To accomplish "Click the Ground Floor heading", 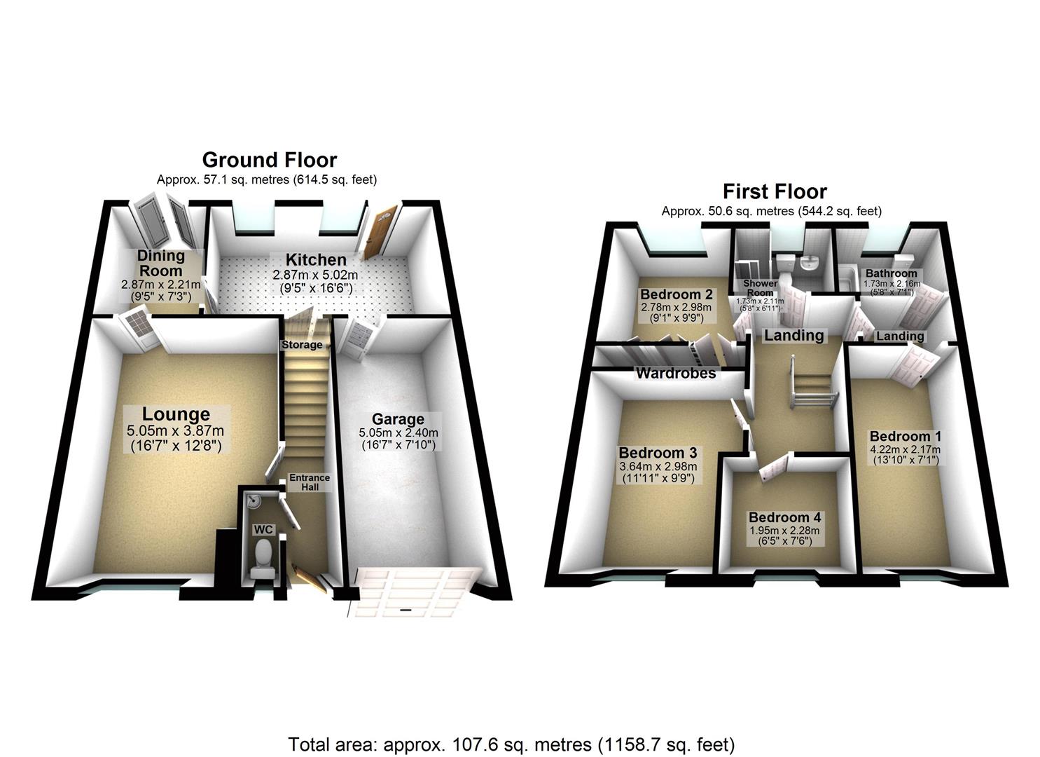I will pyautogui.click(x=270, y=161).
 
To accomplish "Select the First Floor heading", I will pyautogui.click(x=775, y=191).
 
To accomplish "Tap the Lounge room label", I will pyautogui.click(x=176, y=415).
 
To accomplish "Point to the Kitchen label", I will pyautogui.click(x=315, y=260).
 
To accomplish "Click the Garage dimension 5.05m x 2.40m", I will pyautogui.click(x=398, y=433).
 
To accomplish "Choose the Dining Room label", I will pyautogui.click(x=160, y=263).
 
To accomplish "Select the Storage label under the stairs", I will pyautogui.click(x=302, y=345).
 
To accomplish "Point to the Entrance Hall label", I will pyautogui.click(x=310, y=482).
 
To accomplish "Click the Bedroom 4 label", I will pyautogui.click(x=784, y=518).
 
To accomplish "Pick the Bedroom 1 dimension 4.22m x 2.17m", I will pyautogui.click(x=905, y=449).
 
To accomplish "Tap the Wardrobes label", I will pyautogui.click(x=676, y=374).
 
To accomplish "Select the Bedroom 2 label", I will pyautogui.click(x=676, y=294).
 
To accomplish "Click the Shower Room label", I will pyautogui.click(x=760, y=288).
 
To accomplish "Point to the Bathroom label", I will pyautogui.click(x=891, y=273).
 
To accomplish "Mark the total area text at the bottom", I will pyautogui.click(x=511, y=744).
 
